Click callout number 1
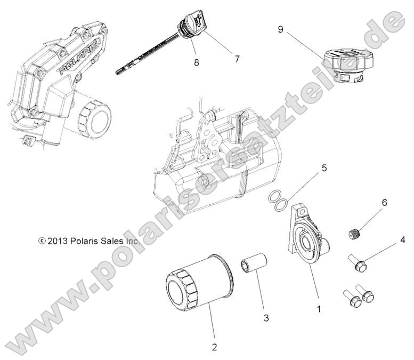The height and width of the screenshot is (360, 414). tap(319, 308)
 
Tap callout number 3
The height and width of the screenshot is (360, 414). tap(266, 318)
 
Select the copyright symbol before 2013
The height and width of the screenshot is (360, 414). tap(42, 241)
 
